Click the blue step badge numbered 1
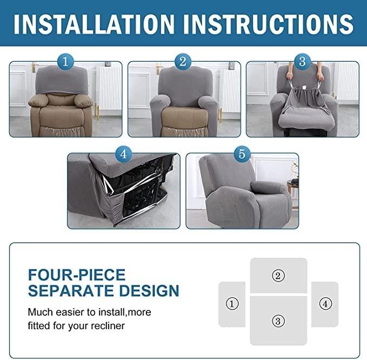pyautogui.click(x=65, y=62)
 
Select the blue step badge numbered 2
pyautogui.click(x=183, y=62)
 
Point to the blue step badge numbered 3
pyautogui.click(x=302, y=62)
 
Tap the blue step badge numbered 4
pyautogui.click(x=123, y=154)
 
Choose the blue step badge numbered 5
pyautogui.click(x=242, y=154)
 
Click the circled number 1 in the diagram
pyautogui.click(x=232, y=304)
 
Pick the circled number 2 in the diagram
pyautogui.click(x=278, y=276)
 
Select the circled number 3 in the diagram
pyautogui.click(x=278, y=321)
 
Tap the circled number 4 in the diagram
pyautogui.click(x=325, y=304)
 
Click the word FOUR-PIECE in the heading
pyautogui.click(x=76, y=275)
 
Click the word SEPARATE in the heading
pyautogui.click(x=69, y=291)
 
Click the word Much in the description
pyautogui.click(x=40, y=312)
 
